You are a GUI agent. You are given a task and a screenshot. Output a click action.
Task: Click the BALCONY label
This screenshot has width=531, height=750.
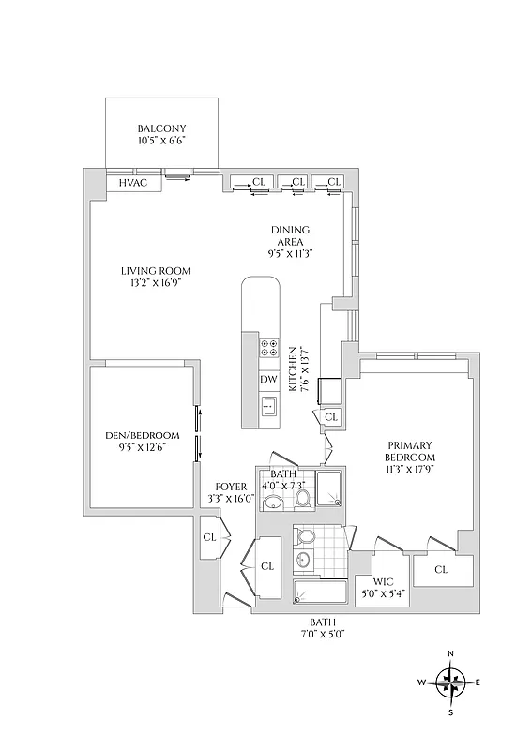coord(161,128)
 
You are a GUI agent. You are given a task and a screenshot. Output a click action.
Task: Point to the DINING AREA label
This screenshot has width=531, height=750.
coord(290,235)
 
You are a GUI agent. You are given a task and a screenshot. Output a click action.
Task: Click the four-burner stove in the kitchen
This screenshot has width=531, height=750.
coord(269,348)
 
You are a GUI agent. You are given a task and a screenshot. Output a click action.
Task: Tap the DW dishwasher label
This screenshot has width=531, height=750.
coord(268,379)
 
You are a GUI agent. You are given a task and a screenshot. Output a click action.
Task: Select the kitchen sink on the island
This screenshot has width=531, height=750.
coord(269,406)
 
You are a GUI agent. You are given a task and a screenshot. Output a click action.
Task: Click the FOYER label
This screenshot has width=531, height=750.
coord(230,487)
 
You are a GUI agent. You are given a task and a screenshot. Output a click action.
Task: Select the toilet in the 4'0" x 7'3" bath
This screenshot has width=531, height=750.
coord(302,498)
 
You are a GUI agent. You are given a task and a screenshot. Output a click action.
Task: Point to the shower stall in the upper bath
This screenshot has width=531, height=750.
coord(330,490)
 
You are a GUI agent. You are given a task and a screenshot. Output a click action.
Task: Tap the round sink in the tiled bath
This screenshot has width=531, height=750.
coord(303,561)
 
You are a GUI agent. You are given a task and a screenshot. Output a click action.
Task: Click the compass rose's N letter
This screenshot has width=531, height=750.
coord(451,653)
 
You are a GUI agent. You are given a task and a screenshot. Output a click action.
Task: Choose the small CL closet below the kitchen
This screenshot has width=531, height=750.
coord(330,417)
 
